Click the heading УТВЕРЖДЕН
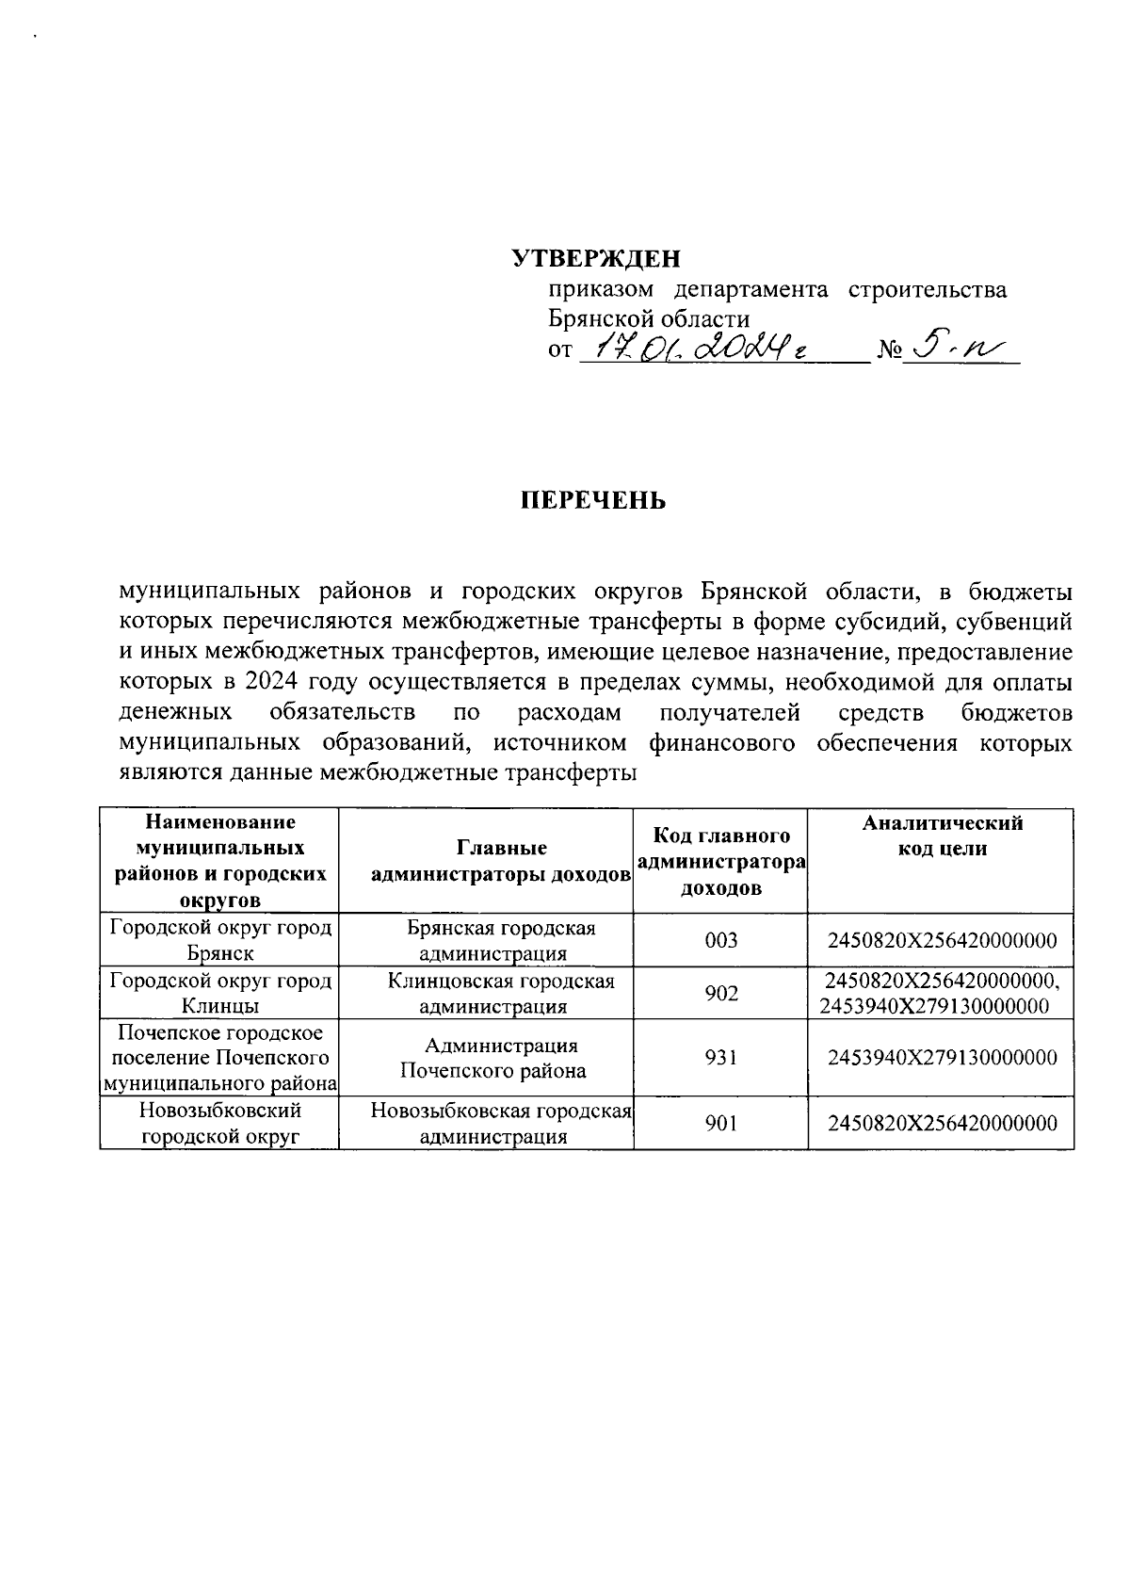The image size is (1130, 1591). click(595, 258)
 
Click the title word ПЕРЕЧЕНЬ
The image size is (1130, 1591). click(594, 500)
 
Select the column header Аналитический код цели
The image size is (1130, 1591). click(942, 836)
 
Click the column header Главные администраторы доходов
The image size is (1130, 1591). click(501, 861)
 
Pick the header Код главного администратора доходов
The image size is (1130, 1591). click(720, 861)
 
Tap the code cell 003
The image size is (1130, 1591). click(720, 940)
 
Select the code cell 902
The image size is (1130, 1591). click(720, 993)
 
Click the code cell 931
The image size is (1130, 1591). click(720, 1058)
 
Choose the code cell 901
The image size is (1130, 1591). click(720, 1123)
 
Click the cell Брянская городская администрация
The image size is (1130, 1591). click(501, 940)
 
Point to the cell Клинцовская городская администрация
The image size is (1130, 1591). click(501, 993)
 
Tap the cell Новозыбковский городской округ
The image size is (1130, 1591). click(220, 1123)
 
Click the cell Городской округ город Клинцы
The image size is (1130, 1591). click(220, 993)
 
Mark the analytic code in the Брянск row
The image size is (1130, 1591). click(942, 940)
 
